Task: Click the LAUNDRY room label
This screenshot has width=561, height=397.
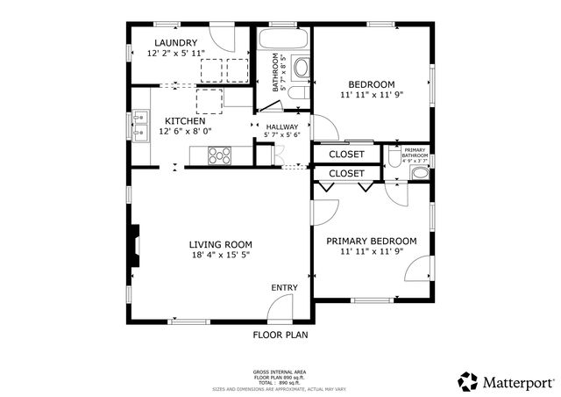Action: click(175, 42)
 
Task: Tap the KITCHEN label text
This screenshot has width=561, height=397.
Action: click(184, 120)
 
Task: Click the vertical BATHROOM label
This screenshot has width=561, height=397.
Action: click(275, 74)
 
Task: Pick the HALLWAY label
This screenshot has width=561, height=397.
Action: click(281, 126)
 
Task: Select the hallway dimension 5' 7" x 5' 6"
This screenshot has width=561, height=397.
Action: click(281, 135)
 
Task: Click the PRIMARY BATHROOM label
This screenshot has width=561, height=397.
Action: click(415, 152)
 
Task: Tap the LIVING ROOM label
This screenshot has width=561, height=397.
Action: click(221, 244)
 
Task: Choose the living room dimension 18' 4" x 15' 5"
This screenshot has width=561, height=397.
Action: click(221, 255)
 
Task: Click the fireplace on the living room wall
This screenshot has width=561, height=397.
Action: click(134, 244)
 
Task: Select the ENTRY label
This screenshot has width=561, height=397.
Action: click(284, 287)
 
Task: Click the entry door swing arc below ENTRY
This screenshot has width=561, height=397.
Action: click(280, 307)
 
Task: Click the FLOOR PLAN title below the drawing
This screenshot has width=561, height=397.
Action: click(280, 335)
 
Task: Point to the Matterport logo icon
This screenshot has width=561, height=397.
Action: click(467, 382)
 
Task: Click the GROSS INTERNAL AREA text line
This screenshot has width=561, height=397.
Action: click(280, 372)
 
